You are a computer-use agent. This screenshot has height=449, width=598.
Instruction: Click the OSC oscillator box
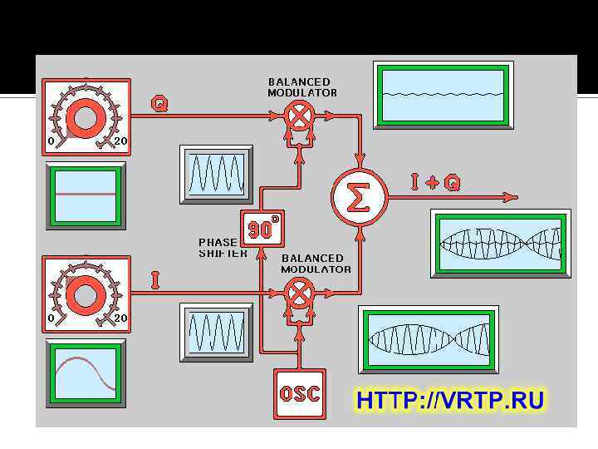pyautogui.click(x=300, y=393)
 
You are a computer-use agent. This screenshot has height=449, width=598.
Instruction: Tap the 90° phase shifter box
pyautogui.click(x=262, y=228)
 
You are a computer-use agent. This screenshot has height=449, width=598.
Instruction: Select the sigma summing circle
pyautogui.click(x=359, y=197)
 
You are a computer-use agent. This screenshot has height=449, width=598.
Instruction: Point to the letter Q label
pyautogui.click(x=159, y=103)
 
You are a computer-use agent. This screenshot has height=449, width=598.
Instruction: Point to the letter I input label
pyautogui.click(x=155, y=280)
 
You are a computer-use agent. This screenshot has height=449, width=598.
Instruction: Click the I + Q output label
pyautogui.click(x=434, y=182)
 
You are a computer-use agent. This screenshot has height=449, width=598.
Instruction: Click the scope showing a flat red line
pyautogui.click(x=86, y=195)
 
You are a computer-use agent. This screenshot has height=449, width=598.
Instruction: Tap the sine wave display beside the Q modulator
pyautogui.click(x=216, y=174)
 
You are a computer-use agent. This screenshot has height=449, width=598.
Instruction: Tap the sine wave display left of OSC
pyautogui.click(x=216, y=332)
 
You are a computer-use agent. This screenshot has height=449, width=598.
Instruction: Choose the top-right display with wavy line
pyautogui.click(x=443, y=94)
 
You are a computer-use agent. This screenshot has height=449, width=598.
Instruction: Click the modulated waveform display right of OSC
pyautogui.click(x=429, y=338)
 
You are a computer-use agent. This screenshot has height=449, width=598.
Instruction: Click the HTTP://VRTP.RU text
pyautogui.click(x=450, y=401)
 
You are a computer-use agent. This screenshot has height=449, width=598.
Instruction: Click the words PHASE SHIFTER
pyautogui.click(x=222, y=248)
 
